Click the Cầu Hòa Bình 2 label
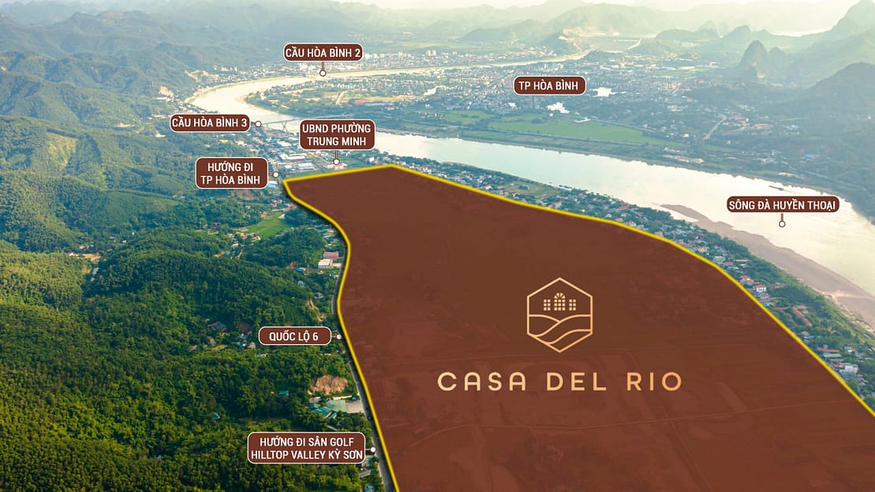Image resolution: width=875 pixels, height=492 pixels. tap(323, 53)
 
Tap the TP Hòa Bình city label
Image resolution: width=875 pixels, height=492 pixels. tap(549, 85)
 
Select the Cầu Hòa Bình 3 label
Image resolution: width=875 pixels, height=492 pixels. tap(210, 123)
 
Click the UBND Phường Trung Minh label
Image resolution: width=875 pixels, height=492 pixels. tap(337, 135)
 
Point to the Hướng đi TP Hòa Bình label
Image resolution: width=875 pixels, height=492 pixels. tap(232, 173)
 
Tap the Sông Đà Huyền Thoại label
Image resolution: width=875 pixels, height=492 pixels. tap(782, 205)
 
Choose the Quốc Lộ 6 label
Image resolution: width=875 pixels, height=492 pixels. tap(294, 336)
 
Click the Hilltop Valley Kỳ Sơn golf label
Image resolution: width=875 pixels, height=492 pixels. tap(306, 449)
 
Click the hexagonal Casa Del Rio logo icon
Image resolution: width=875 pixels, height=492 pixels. tap(559, 315)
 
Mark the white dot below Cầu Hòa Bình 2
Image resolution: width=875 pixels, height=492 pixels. tap(323, 73)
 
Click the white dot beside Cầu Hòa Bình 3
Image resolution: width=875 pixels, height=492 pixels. tap(258, 124)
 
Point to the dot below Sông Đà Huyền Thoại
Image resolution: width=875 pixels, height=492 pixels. tap(782, 224)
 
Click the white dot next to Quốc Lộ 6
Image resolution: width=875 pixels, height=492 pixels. tap(338, 336)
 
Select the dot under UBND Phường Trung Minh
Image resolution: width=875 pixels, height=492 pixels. tap(337, 162)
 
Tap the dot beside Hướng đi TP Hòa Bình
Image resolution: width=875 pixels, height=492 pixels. tap(276, 175)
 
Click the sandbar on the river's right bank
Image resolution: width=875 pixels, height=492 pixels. tap(757, 245)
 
